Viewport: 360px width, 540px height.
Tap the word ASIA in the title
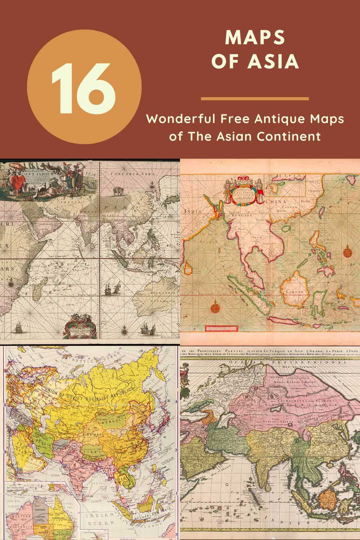pyautogui.click(x=274, y=62)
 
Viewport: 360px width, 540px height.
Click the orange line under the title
pyautogui.click(x=255, y=99)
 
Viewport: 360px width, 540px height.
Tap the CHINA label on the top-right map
pyautogui.click(x=275, y=202)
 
